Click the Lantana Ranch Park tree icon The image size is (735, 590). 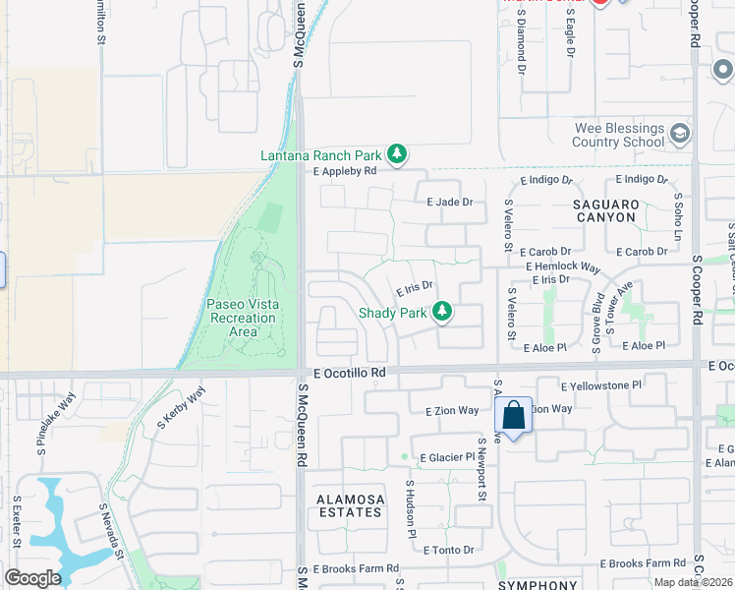coord(397,154)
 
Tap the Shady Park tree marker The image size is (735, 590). coord(443,313)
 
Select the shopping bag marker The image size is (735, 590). coord(514,417)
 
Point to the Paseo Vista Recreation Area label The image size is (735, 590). coord(242,318)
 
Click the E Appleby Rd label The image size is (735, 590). coord(345,171)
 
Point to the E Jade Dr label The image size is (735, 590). coord(450,202)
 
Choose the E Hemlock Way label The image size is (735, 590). coord(563,266)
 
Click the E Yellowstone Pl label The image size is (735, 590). coord(601,386)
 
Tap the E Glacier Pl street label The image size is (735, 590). coord(448,458)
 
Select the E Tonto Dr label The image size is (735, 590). coord(449,550)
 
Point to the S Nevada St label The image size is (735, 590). coord(110,531)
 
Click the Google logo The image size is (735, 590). coord(32,578)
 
